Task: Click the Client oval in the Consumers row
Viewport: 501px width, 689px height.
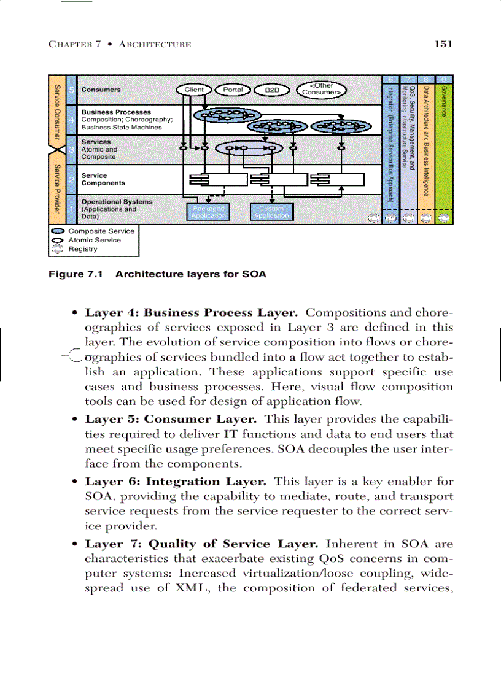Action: click(x=194, y=90)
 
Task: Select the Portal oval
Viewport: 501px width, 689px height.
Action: click(x=233, y=90)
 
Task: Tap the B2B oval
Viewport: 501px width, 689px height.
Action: click(x=271, y=90)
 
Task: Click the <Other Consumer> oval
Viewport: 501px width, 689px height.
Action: click(x=320, y=90)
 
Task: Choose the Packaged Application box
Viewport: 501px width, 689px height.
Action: click(x=208, y=212)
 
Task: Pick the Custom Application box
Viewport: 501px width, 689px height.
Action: click(x=271, y=212)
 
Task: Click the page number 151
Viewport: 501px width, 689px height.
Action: click(x=443, y=44)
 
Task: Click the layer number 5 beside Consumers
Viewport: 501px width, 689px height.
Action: click(x=72, y=90)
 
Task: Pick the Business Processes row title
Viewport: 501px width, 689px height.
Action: click(x=116, y=112)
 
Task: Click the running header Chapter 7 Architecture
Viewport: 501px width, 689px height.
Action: click(x=119, y=44)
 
